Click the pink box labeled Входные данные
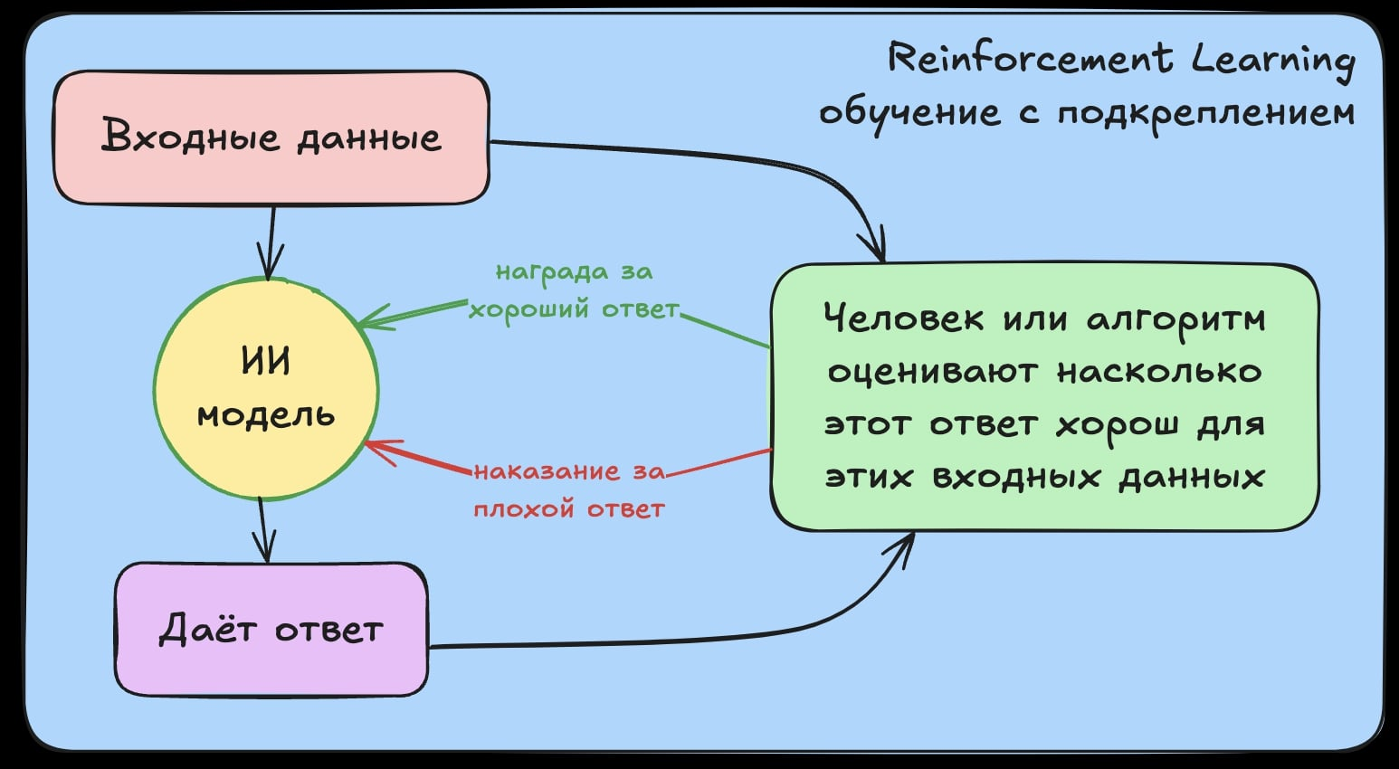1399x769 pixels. [271, 138]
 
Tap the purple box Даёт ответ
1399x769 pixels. [271, 629]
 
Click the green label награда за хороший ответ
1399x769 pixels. [574, 290]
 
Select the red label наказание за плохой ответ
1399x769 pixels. [569, 489]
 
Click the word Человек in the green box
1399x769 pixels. [904, 318]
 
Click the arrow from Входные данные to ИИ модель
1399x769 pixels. [271, 240]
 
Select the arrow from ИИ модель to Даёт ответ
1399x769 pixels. [262, 529]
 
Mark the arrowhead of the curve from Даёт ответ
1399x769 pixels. [907, 542]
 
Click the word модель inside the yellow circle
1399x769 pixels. [266, 415]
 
